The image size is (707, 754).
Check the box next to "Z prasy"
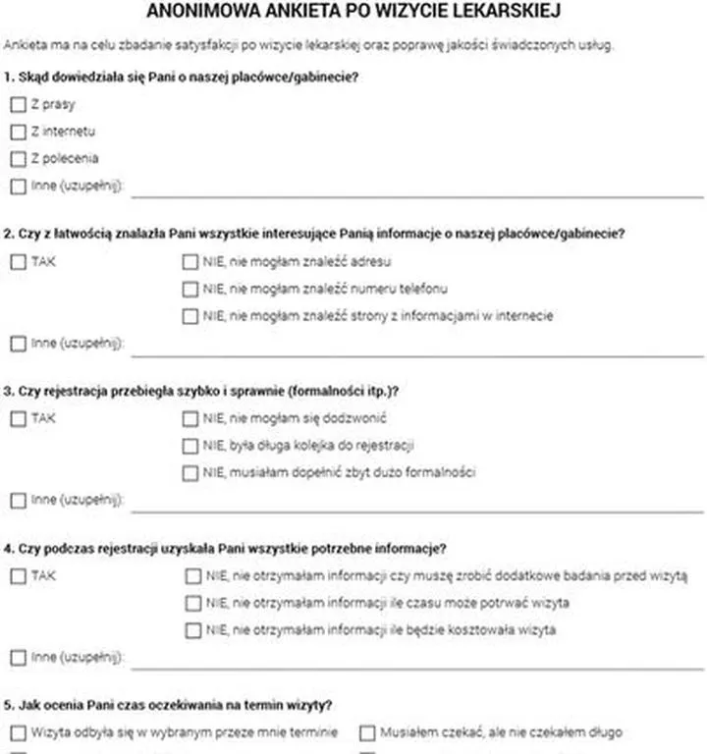click(x=18, y=104)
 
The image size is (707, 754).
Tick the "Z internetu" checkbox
click(x=18, y=132)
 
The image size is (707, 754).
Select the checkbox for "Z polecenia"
click(x=18, y=158)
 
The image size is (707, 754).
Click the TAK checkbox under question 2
click(x=18, y=262)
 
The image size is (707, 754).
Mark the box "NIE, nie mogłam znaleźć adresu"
click(x=190, y=262)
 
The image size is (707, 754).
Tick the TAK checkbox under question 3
click(x=18, y=418)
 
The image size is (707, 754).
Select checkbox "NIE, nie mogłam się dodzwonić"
click(x=190, y=418)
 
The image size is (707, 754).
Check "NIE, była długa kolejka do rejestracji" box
click(x=190, y=446)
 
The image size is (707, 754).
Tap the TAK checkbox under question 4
click(x=18, y=576)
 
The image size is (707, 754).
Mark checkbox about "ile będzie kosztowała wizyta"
click(x=192, y=630)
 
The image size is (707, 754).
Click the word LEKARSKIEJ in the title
click(x=511, y=12)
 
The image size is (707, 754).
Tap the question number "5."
click(x=9, y=704)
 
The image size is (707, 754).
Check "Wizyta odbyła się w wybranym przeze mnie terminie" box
click(x=18, y=732)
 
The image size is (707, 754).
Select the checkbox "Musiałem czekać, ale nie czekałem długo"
click(x=367, y=732)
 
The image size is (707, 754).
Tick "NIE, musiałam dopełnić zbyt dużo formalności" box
click(x=190, y=473)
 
